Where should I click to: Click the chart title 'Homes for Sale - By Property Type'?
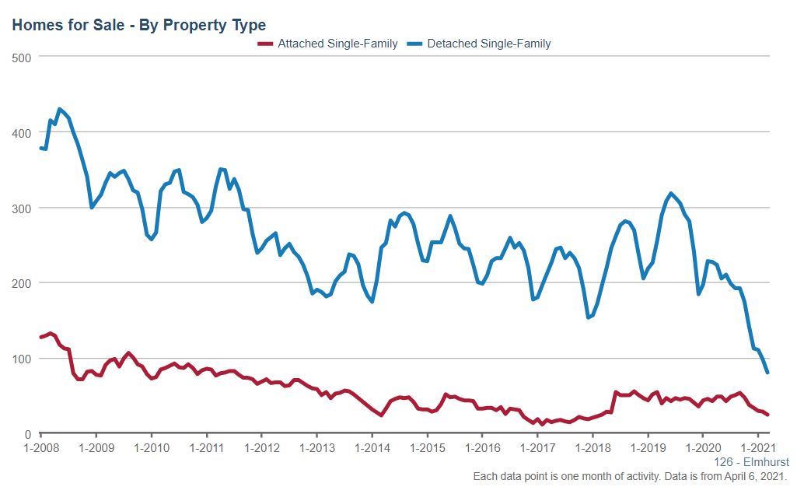pyautogui.click(x=138, y=25)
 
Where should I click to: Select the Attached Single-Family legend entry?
pyautogui.click(x=337, y=44)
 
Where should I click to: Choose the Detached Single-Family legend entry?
pyautogui.click(x=488, y=44)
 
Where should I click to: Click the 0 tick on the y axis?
pyautogui.click(x=26, y=434)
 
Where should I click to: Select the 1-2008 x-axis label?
pyautogui.click(x=40, y=449)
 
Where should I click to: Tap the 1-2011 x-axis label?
pyautogui.click(x=206, y=449)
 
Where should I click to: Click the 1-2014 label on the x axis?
pyautogui.click(x=372, y=449)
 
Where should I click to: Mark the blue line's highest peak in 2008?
pyautogui.click(x=59, y=110)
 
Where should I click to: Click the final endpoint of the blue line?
pyautogui.click(x=768, y=373)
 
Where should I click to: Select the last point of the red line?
pyautogui.click(x=768, y=415)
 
